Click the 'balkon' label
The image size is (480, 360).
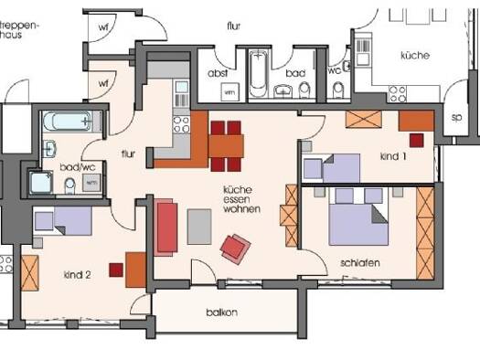221,312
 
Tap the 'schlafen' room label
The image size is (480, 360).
360,262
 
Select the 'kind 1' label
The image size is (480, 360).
393,156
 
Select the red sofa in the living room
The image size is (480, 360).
166,228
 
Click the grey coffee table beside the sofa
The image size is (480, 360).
199,226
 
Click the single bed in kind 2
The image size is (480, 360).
62,221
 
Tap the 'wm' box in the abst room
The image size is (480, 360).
229,91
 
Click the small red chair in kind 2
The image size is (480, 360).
116,270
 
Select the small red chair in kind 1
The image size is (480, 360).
417,140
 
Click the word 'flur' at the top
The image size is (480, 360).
233,27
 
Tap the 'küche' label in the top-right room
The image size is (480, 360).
414,55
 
